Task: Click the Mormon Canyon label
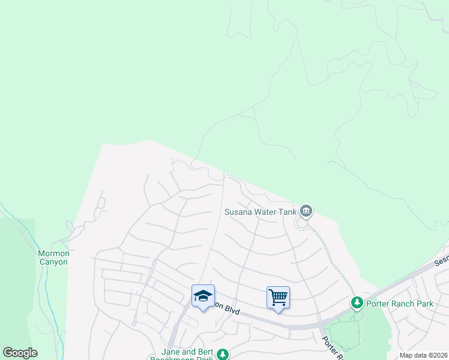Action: (53, 257)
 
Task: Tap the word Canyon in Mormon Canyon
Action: (53, 262)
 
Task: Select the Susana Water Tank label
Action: (260, 212)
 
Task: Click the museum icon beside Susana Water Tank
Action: (306, 211)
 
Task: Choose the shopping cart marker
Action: (278, 297)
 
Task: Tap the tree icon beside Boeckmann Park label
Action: (223, 355)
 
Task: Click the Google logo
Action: (20, 353)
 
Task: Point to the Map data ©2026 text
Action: (423, 355)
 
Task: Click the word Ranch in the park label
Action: (404, 304)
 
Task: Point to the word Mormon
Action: (53, 253)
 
